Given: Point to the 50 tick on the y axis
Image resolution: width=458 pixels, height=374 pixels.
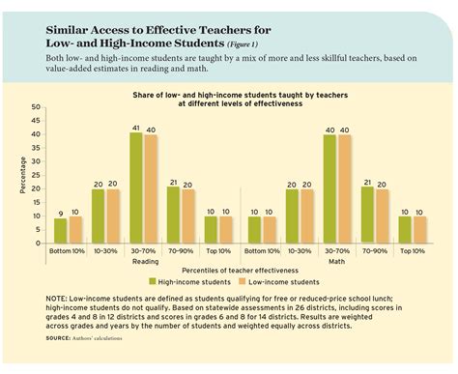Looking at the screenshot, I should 36,106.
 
